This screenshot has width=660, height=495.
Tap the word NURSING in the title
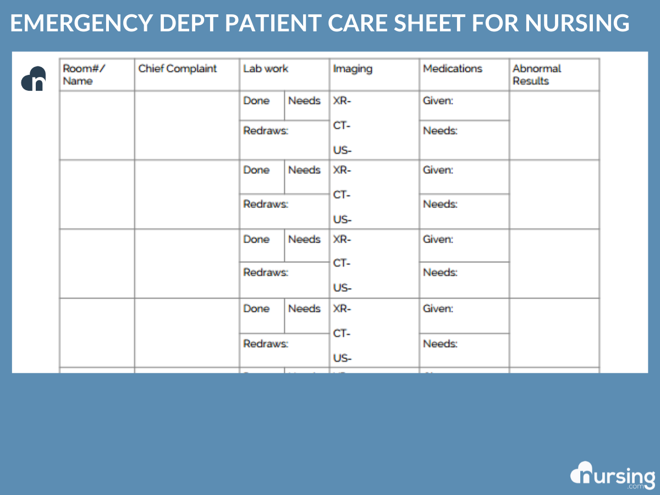click(577, 23)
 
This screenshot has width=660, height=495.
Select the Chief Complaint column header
click(178, 69)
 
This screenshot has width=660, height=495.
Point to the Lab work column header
click(266, 69)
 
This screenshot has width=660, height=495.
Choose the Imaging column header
click(353, 69)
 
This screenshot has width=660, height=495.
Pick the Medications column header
click(452, 69)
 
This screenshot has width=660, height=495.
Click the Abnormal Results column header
click(536, 75)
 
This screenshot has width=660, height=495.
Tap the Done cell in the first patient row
click(256, 101)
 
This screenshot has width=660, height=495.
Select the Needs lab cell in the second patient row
click(304, 170)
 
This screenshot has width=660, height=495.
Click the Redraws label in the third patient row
click(266, 273)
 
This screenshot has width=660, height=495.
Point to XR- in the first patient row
click(342, 101)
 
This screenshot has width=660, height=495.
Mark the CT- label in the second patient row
click(342, 195)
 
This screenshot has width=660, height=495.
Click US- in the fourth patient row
click(342, 359)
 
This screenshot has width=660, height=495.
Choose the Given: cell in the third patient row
click(438, 240)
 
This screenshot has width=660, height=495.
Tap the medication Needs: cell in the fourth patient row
click(440, 344)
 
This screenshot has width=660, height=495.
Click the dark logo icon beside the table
click(34, 79)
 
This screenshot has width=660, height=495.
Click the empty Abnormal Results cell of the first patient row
click(554, 125)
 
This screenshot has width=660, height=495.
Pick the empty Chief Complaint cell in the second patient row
click(186, 195)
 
